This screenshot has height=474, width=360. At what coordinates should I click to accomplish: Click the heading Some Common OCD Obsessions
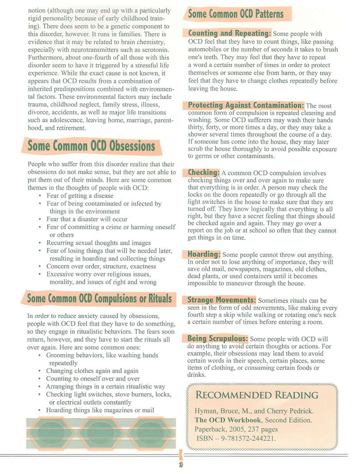(x=91, y=146)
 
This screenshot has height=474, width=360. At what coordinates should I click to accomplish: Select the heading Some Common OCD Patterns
(x=235, y=14)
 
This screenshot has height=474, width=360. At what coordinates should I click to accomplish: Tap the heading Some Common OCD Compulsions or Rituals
(x=99, y=298)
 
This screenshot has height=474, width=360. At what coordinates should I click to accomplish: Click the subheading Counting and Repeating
(x=230, y=33)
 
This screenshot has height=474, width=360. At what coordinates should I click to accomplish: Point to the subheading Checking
(x=204, y=172)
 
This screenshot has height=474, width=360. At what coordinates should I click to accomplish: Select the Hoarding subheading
(x=204, y=254)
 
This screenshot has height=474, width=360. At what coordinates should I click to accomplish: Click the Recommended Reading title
(x=257, y=394)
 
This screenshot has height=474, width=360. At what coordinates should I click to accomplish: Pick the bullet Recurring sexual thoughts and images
(x=99, y=243)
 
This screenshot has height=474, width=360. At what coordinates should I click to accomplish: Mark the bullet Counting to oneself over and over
(x=93, y=379)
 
